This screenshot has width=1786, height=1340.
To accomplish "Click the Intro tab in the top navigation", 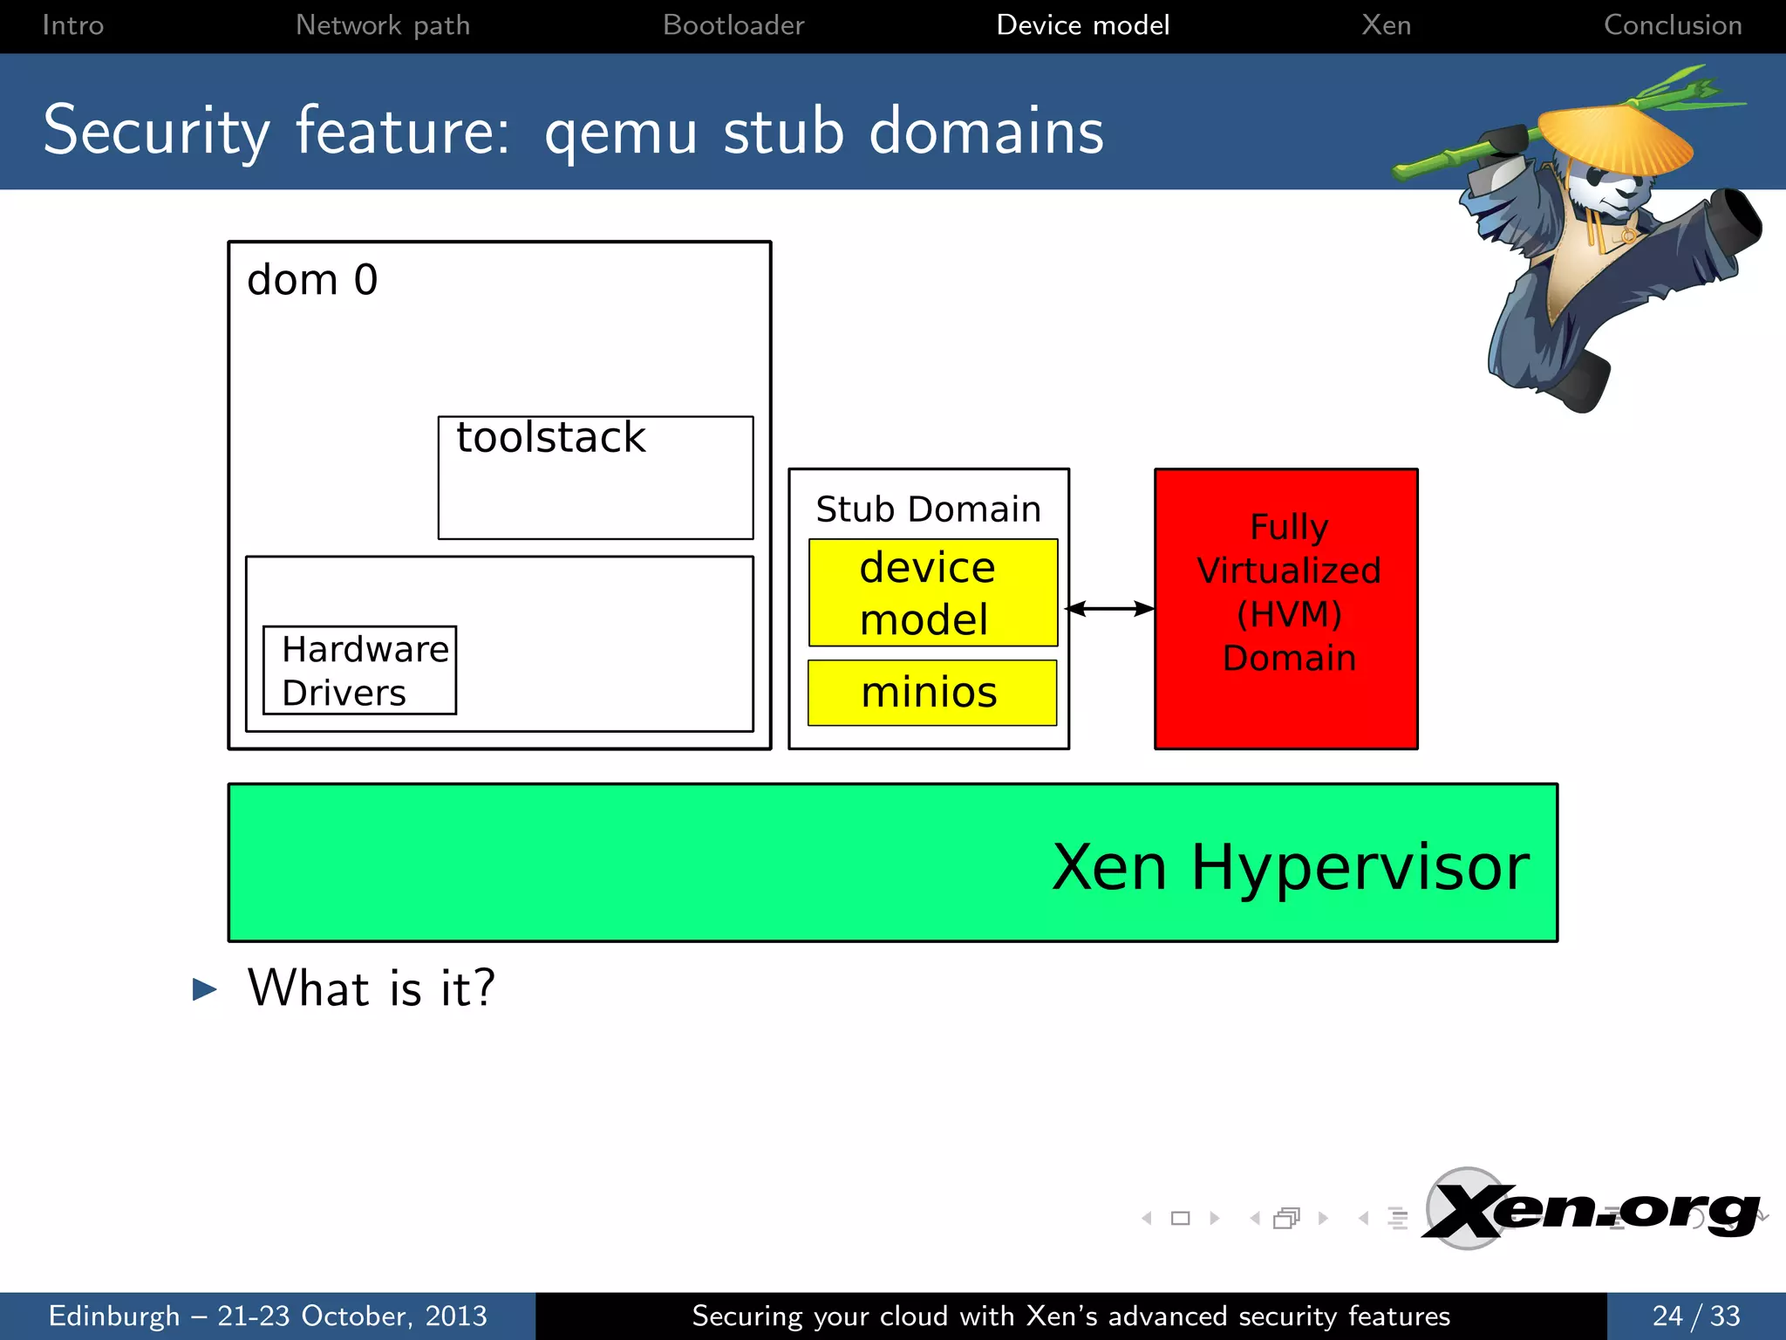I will tap(72, 25).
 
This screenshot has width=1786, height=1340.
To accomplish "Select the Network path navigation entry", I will tap(382, 25).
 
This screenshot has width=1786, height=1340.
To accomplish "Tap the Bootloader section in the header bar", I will tap(733, 25).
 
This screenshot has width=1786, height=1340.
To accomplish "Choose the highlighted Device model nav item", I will tap(1082, 25).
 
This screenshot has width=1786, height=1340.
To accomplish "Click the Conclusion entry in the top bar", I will tap(1672, 25).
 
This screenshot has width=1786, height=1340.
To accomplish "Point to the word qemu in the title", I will tap(620, 133).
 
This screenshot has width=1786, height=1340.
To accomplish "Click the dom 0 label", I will tap(312, 281).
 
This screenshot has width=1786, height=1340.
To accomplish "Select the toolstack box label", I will tap(550, 437).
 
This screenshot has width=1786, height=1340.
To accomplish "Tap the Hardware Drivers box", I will tap(360, 670).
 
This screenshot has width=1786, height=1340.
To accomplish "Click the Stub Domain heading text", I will tap(928, 509).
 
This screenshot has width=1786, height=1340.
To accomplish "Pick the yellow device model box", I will tap(932, 593).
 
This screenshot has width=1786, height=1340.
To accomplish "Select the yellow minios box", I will tap(931, 693).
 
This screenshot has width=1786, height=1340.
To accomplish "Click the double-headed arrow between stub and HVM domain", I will tap(1110, 608).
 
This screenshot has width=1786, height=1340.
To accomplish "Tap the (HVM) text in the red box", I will tap(1289, 614).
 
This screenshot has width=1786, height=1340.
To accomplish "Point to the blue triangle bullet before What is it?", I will tap(204, 988).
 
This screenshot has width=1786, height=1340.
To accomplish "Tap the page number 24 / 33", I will tap(1695, 1316).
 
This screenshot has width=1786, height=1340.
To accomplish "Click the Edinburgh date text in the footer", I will tap(268, 1316).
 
